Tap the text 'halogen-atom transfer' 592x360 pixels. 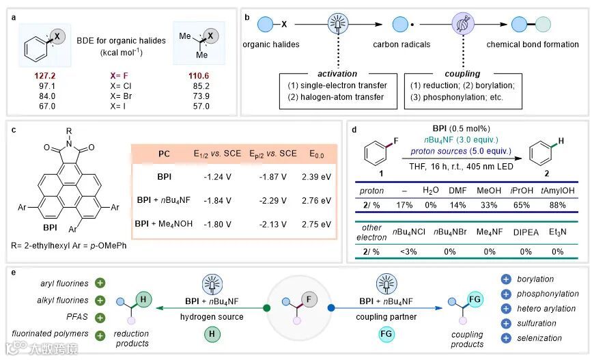coord(339,97)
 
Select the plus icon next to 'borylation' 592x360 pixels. coord(506,279)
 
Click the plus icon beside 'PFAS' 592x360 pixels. coord(100,317)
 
